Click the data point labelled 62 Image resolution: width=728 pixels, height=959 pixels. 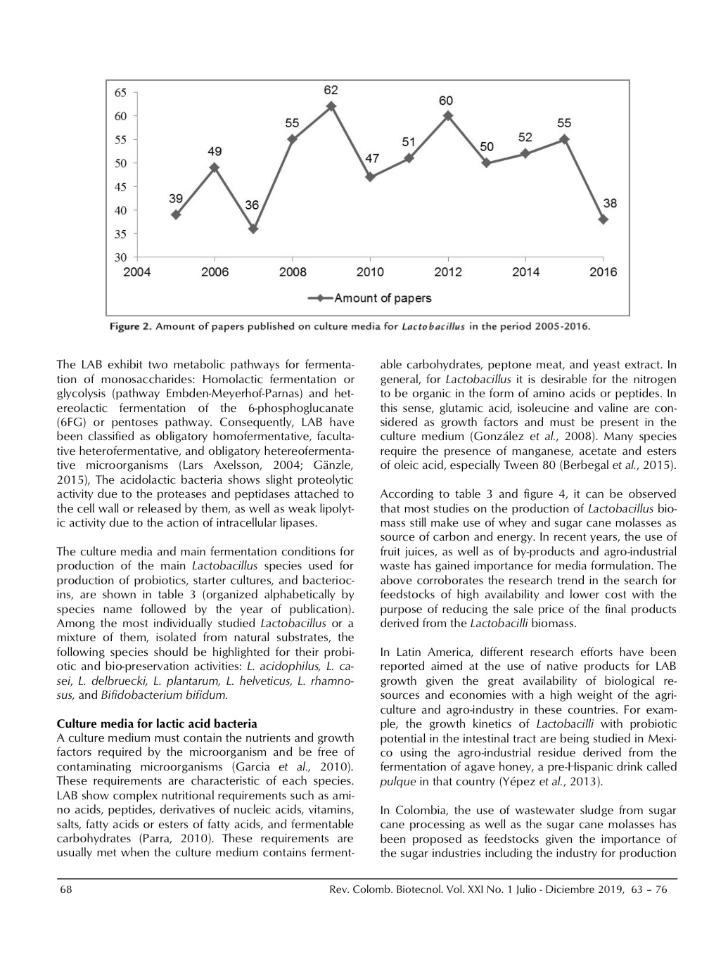331,107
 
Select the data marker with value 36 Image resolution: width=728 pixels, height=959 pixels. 253,229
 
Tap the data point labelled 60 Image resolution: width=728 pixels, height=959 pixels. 448,116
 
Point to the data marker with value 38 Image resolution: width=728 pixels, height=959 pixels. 603,219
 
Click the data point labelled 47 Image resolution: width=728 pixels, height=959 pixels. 371,177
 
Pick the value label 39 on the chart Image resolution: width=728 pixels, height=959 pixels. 176,200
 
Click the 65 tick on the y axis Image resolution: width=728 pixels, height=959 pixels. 120,92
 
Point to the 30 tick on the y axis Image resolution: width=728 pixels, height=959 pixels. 120,257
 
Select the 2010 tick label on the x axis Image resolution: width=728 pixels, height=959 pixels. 371,273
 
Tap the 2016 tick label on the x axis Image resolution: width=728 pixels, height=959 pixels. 603,273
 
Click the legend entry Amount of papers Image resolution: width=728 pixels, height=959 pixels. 383,298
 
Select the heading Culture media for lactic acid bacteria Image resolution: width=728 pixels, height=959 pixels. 157,723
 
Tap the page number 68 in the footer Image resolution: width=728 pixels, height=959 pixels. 66,889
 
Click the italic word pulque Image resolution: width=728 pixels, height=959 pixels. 395,781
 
